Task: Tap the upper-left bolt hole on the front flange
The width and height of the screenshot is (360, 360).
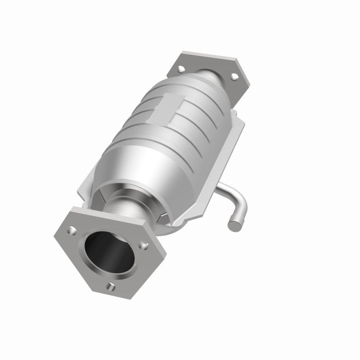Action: pyautogui.click(x=72, y=230)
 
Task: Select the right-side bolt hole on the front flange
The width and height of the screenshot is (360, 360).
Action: pyautogui.click(x=144, y=245)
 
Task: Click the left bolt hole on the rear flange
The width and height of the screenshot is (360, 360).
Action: pyautogui.click(x=181, y=69)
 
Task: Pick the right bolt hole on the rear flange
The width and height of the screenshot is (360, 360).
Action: pyautogui.click(x=234, y=76)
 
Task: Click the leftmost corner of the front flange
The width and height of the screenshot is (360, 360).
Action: pyautogui.click(x=54, y=234)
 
